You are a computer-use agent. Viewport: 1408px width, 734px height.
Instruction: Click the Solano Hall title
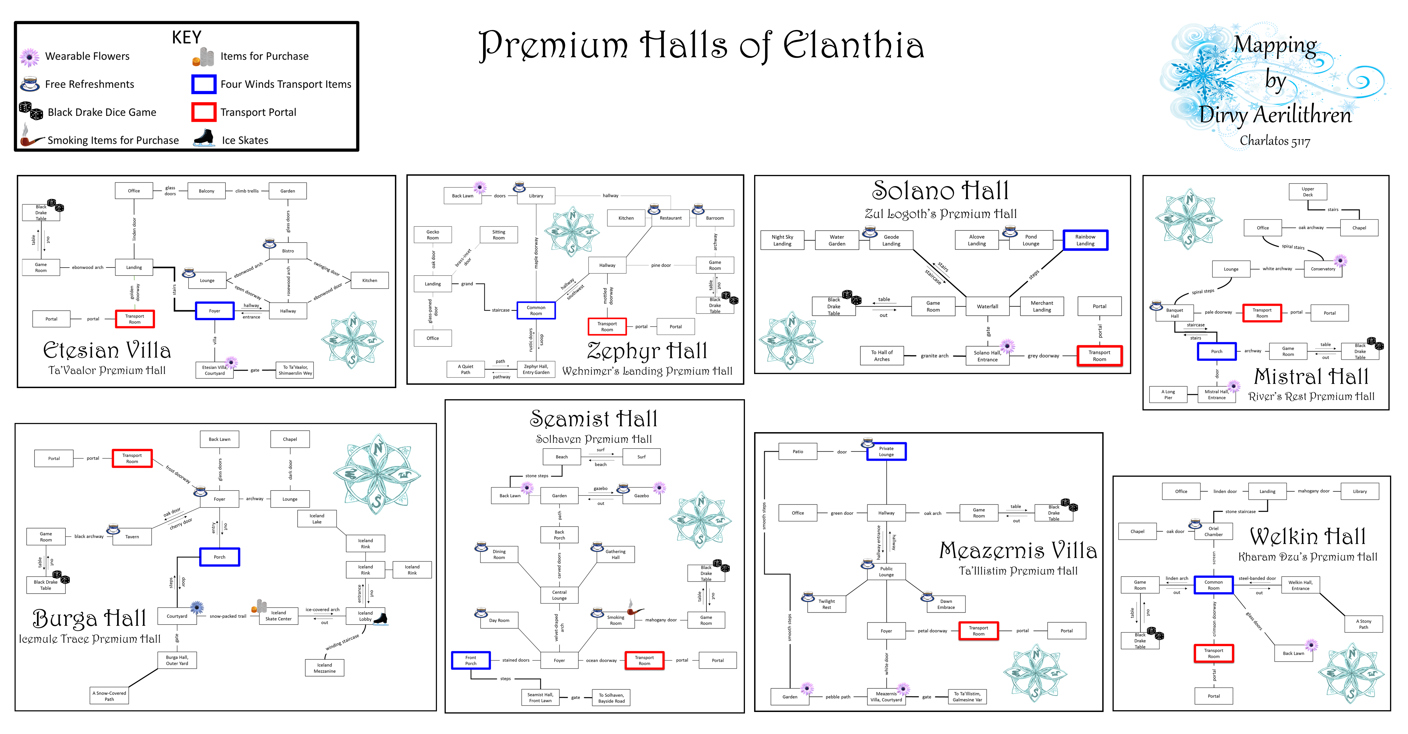tap(940, 191)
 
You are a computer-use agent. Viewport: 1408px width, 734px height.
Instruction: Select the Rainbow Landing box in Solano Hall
tap(1085, 240)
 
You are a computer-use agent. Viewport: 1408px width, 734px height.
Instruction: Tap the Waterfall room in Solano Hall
tap(987, 306)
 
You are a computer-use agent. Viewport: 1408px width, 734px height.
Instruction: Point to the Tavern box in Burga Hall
tap(132, 536)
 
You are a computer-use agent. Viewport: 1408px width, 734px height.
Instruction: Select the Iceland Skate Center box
tap(278, 616)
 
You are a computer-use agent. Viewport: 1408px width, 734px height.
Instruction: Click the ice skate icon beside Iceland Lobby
tap(380, 619)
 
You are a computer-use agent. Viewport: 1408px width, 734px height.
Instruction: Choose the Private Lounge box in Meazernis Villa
tap(886, 452)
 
